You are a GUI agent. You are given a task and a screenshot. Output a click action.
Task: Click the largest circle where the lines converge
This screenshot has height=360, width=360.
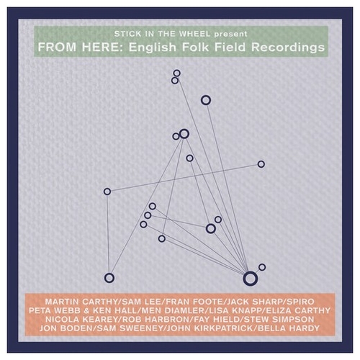point(250,278)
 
